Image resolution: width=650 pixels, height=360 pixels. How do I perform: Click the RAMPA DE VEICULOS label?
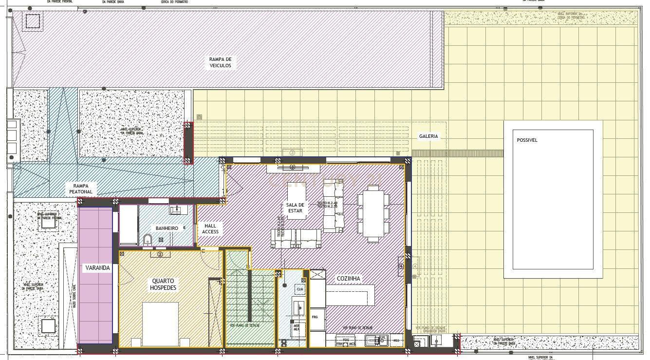[x=221, y=62]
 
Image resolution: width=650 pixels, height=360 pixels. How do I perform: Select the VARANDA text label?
[x=97, y=268]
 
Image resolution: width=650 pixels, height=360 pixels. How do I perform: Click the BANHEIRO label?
[x=167, y=228]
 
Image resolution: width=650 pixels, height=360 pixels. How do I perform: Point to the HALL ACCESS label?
[x=210, y=228]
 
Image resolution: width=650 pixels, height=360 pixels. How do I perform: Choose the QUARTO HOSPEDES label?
[x=164, y=284]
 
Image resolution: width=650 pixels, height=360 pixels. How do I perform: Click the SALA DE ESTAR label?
[x=295, y=208]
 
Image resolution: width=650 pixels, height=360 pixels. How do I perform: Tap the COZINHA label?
[x=349, y=279]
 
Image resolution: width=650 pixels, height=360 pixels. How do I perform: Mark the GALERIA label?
[x=428, y=137]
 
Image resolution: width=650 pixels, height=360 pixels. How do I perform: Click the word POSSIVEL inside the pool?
[x=527, y=140]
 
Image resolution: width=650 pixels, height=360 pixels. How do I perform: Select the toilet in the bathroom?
[x=148, y=240]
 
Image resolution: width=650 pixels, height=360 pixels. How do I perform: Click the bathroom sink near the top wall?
[x=176, y=210]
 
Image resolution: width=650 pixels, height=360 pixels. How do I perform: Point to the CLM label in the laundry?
[x=299, y=289]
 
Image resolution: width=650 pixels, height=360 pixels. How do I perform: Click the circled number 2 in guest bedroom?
[x=160, y=254]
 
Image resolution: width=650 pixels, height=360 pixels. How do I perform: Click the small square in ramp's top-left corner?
[x=33, y=21]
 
